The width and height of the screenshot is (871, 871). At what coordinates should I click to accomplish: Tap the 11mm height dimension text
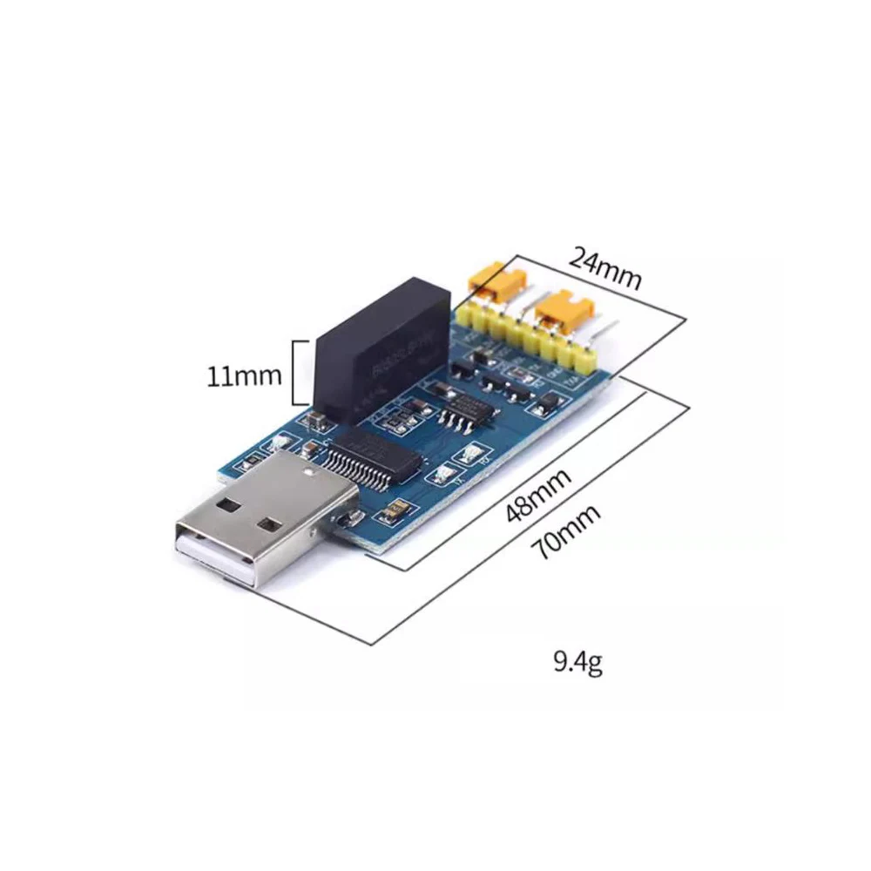click(244, 376)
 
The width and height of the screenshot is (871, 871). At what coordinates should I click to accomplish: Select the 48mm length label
click(538, 496)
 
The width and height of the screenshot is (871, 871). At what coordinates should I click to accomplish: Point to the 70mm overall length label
click(569, 533)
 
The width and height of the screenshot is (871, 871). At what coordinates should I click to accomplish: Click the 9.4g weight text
click(577, 664)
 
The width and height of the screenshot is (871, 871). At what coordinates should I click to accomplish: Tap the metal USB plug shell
click(261, 523)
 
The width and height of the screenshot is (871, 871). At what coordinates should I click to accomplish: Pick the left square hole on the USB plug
click(230, 504)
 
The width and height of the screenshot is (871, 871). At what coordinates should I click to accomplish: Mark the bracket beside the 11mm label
click(299, 373)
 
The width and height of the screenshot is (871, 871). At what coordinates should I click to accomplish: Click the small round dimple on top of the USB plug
click(309, 470)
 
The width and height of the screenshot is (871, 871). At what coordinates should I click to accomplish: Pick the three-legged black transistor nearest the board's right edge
click(550, 402)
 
